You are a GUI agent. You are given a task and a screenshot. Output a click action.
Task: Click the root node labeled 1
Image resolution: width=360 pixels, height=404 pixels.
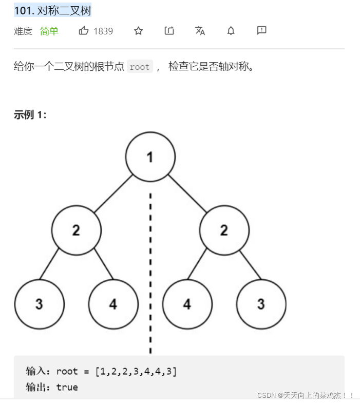[x=150, y=157]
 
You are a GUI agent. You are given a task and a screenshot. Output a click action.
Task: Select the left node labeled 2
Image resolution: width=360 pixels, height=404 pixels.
[x=76, y=230]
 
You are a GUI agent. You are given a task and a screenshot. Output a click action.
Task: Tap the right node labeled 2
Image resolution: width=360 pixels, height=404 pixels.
[x=224, y=230]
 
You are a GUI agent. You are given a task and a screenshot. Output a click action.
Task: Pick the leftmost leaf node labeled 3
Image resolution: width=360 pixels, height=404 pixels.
[x=39, y=304]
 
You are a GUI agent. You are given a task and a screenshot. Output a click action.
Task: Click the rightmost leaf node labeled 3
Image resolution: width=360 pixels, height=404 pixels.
[x=261, y=304]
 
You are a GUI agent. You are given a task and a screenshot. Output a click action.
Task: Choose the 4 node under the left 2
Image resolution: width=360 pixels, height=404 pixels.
[x=113, y=304]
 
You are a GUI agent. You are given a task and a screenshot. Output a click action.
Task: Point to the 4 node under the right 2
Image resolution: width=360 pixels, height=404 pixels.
[x=187, y=304]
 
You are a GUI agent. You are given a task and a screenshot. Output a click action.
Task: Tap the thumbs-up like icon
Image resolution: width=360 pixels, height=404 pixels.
[x=84, y=31]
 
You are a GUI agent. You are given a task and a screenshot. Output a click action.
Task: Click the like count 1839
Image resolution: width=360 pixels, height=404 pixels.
[x=103, y=31]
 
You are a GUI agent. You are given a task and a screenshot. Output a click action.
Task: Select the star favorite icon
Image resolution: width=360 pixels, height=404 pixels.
[x=138, y=31]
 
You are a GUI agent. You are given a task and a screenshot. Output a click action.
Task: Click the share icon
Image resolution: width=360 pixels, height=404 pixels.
[x=169, y=31]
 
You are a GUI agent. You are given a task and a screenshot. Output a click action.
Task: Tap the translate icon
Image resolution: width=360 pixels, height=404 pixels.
[x=200, y=31]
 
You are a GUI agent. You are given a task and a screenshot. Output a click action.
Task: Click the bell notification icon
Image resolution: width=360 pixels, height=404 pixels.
[x=231, y=31]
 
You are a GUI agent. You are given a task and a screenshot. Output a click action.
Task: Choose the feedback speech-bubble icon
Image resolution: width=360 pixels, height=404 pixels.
[x=261, y=31]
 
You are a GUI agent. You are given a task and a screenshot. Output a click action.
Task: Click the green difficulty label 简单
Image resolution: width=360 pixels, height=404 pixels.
[x=49, y=31]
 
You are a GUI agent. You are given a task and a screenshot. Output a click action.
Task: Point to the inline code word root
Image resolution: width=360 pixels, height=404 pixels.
[x=140, y=67]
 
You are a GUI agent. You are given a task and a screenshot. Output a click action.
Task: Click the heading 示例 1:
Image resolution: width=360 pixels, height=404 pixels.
[x=30, y=115]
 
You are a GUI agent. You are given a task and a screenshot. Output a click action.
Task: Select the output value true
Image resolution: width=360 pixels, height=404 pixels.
[x=67, y=387]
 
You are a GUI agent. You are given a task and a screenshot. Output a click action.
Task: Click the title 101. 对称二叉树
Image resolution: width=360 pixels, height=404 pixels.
[x=52, y=10]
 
